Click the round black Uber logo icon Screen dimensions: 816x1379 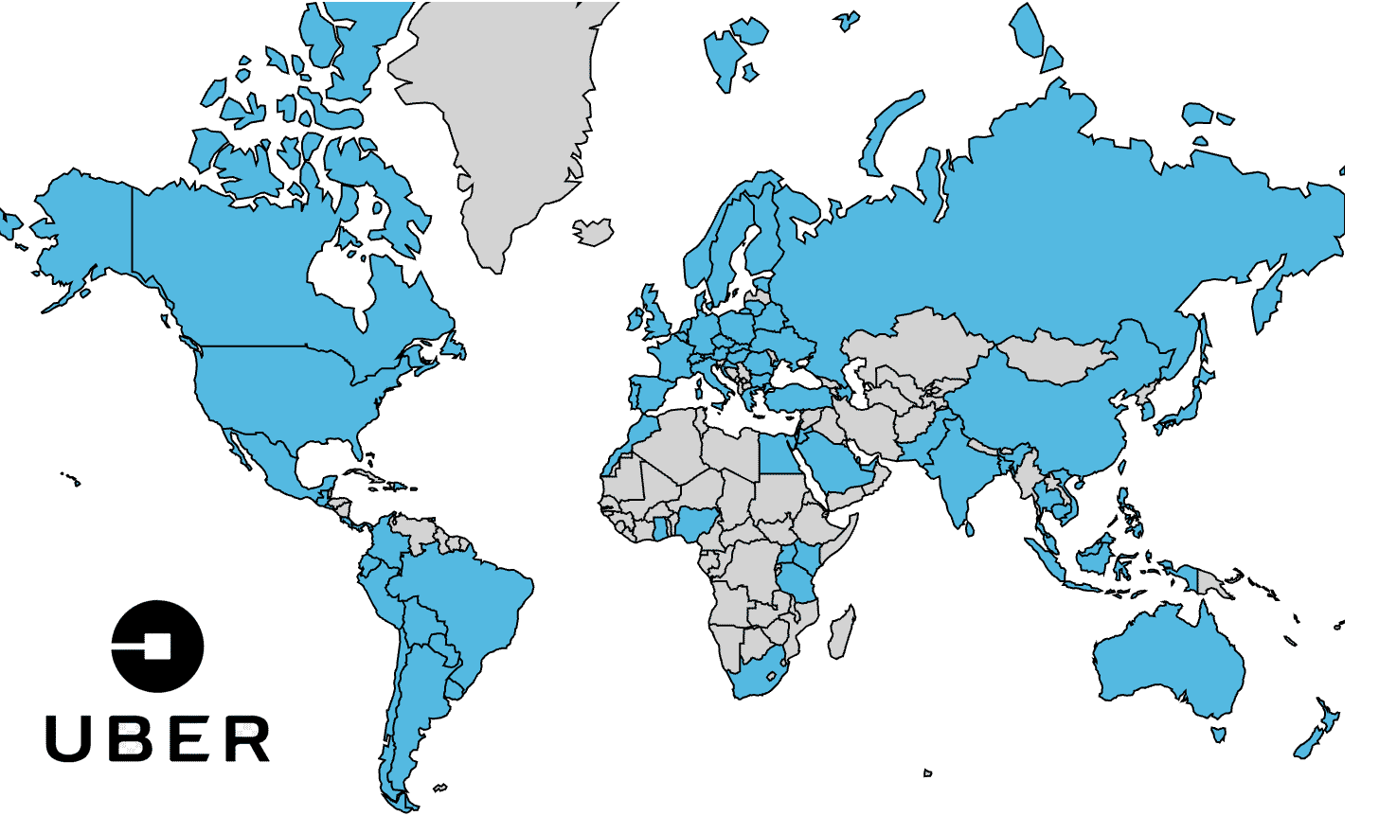[157, 646]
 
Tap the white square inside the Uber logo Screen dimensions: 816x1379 [155, 647]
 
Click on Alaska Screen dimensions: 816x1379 [85, 227]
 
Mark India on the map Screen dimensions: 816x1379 [957, 464]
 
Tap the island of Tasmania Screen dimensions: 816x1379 [1219, 733]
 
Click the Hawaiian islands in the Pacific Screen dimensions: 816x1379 [70, 478]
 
